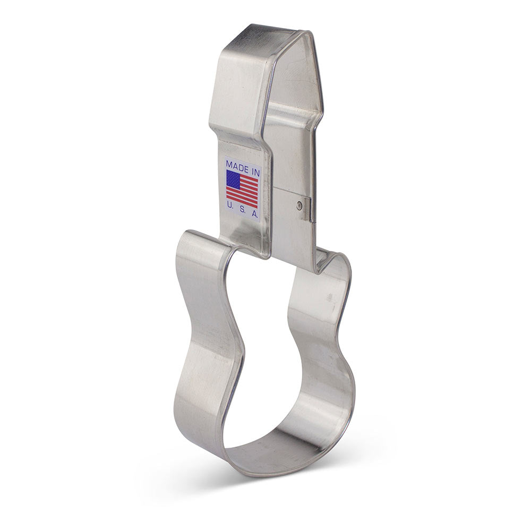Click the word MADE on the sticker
pos(237,166)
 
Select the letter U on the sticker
pos(229,204)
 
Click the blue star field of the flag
pos(233,179)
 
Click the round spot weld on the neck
pos(299,204)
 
